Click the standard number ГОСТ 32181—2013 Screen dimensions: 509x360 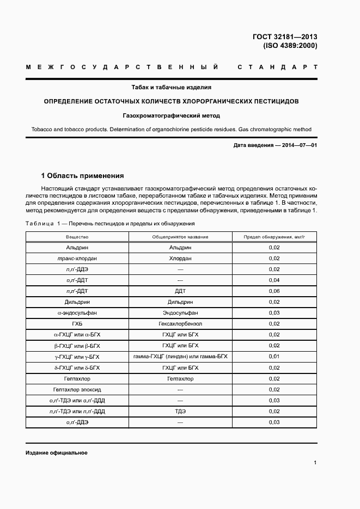coord(285,37)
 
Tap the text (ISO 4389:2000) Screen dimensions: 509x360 coord(289,46)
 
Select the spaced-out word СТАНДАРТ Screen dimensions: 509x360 coord(277,68)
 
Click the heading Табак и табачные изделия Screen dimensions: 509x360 coord(171,87)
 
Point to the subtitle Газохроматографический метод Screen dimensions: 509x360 coord(171,115)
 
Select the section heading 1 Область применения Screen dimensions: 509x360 coord(83,176)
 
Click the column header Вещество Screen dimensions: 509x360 coord(77,237)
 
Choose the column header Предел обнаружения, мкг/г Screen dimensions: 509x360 coord(274,237)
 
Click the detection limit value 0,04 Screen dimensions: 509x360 coord(274,280)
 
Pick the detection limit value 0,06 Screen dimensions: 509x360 coord(274,291)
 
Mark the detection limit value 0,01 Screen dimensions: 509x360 coord(274,357)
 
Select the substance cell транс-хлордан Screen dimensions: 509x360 coord(77,259)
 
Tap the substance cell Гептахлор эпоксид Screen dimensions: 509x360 coord(77,390)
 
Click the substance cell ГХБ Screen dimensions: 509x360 coord(77,324)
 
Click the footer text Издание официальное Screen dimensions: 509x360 coord(57,453)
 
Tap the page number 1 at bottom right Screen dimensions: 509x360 coord(315,463)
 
